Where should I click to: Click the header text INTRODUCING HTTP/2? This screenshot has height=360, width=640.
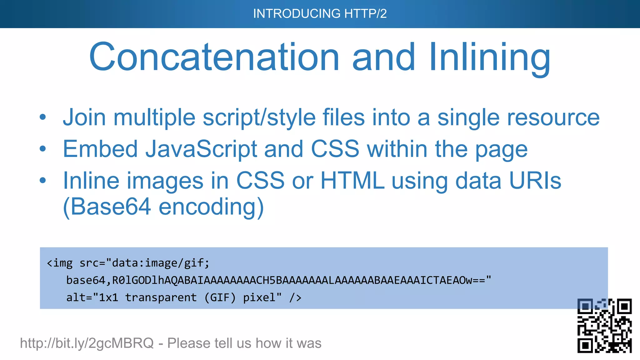click(x=320, y=14)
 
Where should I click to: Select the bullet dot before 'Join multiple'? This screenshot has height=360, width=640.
click(x=43, y=117)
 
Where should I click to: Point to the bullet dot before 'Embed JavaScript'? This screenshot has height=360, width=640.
click(x=43, y=149)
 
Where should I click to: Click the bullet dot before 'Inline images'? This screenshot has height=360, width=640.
click(x=43, y=181)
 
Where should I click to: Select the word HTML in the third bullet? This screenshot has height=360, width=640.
click(x=352, y=181)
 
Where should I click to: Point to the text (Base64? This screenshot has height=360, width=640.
click(x=107, y=207)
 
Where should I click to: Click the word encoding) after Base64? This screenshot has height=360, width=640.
click(x=211, y=207)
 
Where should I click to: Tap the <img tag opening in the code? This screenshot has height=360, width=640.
click(x=60, y=263)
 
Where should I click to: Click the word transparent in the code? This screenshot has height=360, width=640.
click(x=161, y=297)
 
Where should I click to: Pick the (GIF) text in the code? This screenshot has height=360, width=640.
click(x=220, y=297)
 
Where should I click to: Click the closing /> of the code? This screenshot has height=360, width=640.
click(x=295, y=297)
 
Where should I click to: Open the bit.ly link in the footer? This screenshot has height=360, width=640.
click(x=87, y=343)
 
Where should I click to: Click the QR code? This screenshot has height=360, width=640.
click(x=604, y=326)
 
